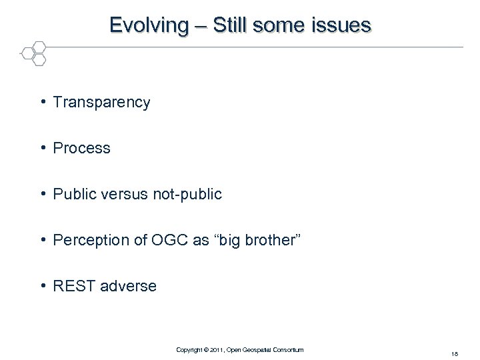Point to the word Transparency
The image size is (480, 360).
click(101, 103)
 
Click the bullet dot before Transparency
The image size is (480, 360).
click(42, 102)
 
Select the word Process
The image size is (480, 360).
click(81, 148)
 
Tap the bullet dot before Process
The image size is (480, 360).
click(42, 147)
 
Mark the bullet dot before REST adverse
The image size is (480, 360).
click(42, 285)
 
